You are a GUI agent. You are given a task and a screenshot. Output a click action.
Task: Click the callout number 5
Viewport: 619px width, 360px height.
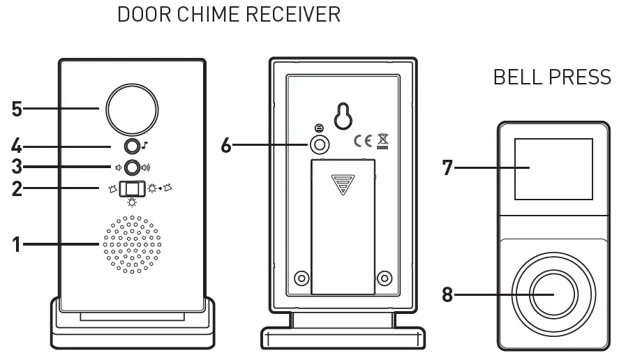17,109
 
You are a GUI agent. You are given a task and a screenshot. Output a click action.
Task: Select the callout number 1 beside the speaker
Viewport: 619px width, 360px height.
17,244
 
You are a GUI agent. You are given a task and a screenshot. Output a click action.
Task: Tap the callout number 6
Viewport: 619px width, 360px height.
225,146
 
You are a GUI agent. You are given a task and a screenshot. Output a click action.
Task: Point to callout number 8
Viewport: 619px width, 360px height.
447,294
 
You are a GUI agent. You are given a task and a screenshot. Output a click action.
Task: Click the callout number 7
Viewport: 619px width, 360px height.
447,167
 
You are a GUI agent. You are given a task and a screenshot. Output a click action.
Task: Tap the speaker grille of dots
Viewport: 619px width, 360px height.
132,244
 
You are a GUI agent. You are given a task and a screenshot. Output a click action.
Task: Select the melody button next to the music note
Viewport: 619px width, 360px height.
131,146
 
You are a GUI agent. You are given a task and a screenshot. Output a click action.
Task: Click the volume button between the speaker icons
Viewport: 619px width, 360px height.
131,167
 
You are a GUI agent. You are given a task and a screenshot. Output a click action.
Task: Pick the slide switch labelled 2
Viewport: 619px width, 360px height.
130,189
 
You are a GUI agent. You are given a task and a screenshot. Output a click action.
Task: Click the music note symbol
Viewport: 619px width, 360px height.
145,146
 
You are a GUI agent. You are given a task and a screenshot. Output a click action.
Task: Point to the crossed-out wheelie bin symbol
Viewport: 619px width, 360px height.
382,141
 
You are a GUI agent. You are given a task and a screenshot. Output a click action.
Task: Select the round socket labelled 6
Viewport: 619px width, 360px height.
320,145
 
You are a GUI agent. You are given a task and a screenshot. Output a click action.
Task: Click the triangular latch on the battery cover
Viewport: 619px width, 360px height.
343,184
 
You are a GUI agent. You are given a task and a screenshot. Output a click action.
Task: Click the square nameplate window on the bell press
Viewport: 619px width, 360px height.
552,168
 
